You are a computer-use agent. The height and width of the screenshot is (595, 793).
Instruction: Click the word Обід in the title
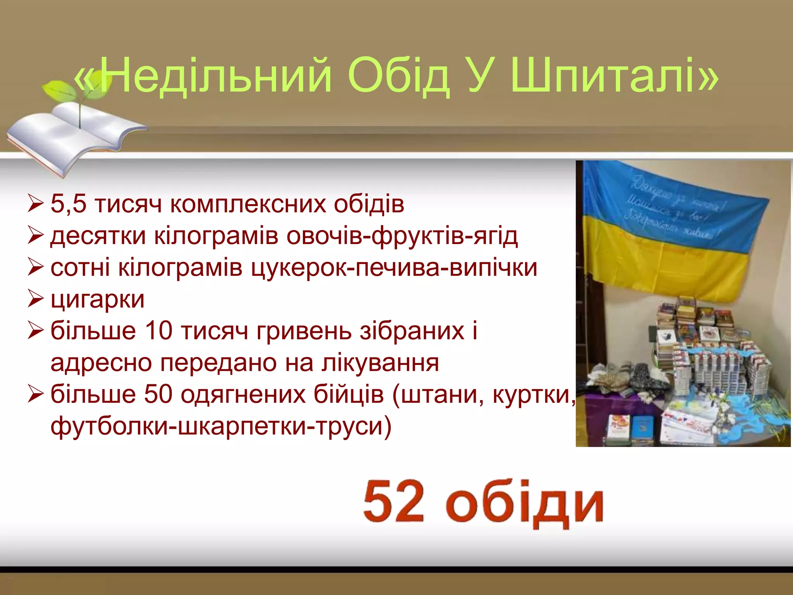pos(399,76)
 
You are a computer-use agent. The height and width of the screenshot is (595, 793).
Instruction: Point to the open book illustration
pos(74,136)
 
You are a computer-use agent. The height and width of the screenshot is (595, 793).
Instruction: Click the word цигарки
pos(98,299)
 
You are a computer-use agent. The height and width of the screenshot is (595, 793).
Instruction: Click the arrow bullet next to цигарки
pos(35,299)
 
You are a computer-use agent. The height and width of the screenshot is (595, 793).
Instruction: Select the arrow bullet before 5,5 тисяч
pos(35,204)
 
